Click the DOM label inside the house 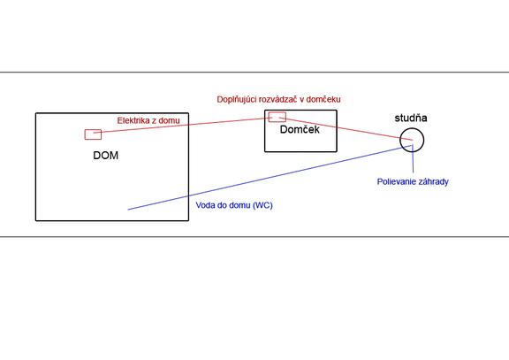[x=105, y=156]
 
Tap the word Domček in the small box [x=300, y=129]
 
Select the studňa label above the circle [x=411, y=118]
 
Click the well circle [x=400, y=140]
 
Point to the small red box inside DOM [x=93, y=129]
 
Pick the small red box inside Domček [x=277, y=112]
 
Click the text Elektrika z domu [x=148, y=120]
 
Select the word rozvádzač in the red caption [x=277, y=99]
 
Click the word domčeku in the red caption [x=323, y=99]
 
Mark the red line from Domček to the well [x=346, y=129]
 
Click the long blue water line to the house [x=270, y=178]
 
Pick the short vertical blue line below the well [x=413, y=159]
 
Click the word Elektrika [x=133, y=120]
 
